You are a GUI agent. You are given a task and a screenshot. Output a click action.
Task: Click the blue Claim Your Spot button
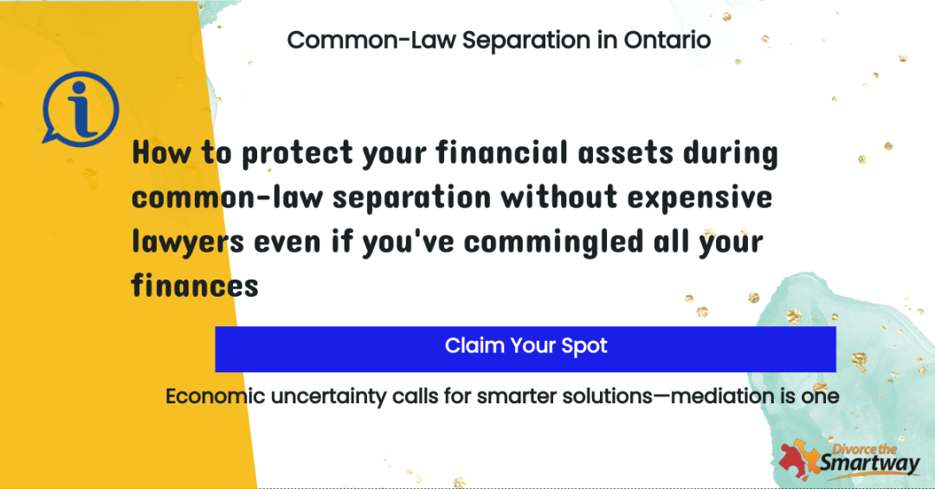526,349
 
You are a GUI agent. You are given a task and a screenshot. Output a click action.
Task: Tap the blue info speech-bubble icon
81,109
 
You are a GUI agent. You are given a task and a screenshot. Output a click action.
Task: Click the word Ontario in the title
667,41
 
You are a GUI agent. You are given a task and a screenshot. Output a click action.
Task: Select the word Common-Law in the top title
371,41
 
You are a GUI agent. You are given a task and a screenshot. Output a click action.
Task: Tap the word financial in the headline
501,152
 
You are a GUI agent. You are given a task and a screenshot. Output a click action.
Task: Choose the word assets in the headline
626,153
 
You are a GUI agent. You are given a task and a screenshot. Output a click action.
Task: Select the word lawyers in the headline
188,242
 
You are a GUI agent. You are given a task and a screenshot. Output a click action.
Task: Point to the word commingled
553,242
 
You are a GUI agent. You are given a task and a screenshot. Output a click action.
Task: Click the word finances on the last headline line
195,285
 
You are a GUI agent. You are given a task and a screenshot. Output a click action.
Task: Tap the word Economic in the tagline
216,396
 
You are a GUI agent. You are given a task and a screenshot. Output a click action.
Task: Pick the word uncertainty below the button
328,396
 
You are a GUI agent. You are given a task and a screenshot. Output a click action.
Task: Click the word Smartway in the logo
869,464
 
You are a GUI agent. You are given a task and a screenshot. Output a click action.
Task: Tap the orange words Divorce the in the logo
865,449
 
